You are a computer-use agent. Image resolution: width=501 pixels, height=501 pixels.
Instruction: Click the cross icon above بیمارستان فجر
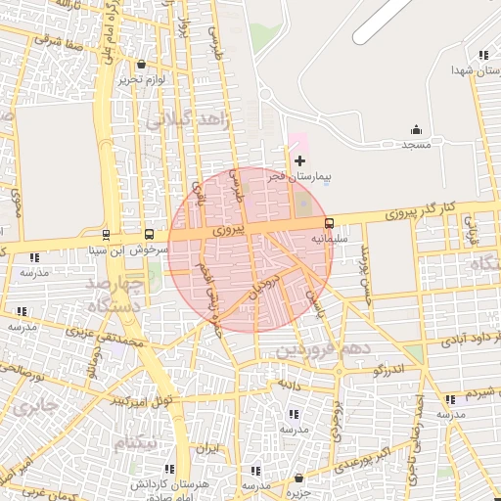tap(299, 159)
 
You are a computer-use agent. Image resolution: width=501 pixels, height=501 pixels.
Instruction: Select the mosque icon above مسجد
tap(417, 129)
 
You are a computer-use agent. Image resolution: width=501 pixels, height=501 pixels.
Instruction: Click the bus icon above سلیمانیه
tap(329, 223)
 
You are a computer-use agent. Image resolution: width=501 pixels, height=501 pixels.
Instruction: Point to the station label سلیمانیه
tap(330, 238)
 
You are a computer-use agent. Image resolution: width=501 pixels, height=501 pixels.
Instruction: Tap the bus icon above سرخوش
tap(149, 235)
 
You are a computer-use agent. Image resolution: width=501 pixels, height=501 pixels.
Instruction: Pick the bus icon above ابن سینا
tap(106, 235)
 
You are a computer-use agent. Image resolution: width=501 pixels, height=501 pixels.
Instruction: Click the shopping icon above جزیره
tap(298, 478)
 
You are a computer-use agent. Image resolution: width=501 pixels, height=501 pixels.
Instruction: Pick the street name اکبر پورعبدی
tap(372, 458)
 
